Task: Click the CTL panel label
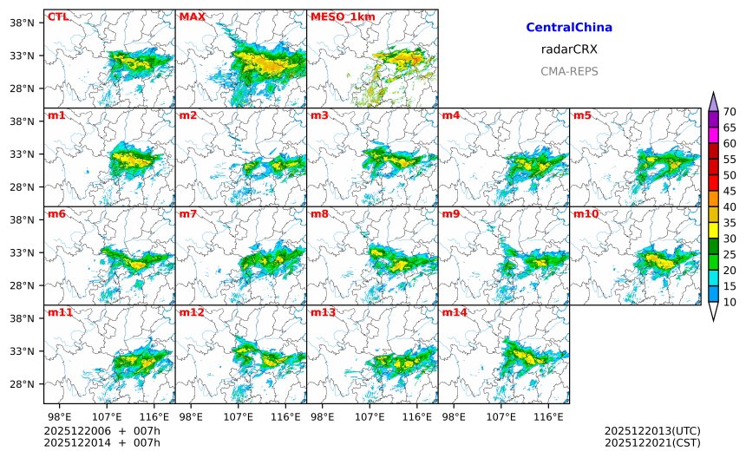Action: click(57, 16)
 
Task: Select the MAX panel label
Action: click(191, 16)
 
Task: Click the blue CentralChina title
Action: click(569, 28)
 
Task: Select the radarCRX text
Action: click(569, 49)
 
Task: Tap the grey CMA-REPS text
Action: click(569, 71)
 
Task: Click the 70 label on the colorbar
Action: click(730, 112)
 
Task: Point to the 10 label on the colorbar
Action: click(730, 302)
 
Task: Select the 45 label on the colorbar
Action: click(730, 191)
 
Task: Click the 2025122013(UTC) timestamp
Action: click(652, 430)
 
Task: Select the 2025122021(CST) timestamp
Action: click(652, 442)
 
